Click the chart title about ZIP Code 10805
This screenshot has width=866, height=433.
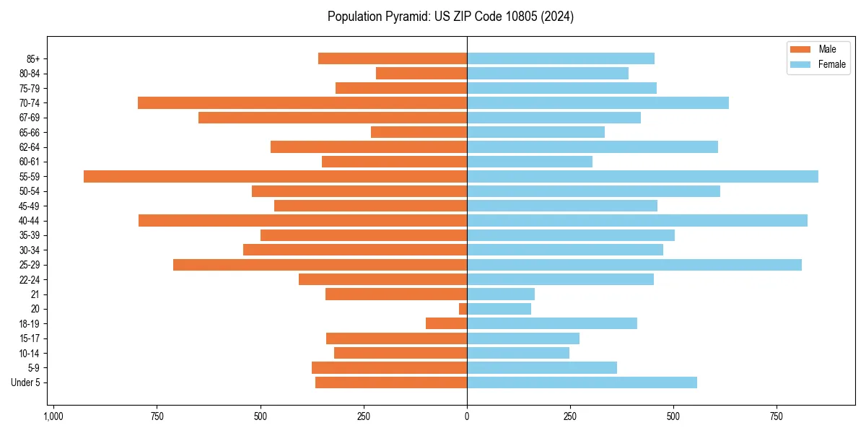coord(450,17)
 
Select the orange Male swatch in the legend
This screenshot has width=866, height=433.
coord(800,49)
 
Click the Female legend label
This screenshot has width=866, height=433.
coord(832,64)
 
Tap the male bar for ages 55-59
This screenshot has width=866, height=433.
coord(275,176)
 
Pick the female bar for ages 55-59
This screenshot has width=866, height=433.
coord(642,176)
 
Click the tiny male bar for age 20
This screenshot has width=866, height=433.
coord(463,309)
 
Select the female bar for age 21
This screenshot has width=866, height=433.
coord(501,294)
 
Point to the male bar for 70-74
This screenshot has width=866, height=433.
coord(302,102)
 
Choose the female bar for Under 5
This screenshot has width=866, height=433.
coord(582,382)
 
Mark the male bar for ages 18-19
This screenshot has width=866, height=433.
coord(447,323)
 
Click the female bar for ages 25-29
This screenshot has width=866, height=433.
coord(634,265)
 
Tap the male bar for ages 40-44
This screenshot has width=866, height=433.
coord(302,220)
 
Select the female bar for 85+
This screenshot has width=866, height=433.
coord(561,58)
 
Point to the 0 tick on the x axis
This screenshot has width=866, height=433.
coord(467,417)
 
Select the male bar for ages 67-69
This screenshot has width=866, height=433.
coord(333,118)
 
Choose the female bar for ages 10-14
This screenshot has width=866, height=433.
coord(518,353)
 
